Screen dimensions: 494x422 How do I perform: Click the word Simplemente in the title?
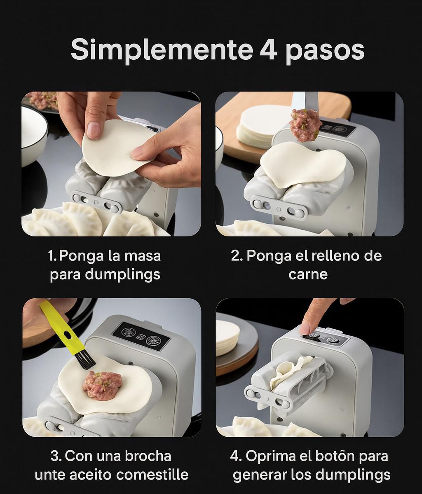tap(161, 50)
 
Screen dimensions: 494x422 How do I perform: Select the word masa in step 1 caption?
tap(143, 255)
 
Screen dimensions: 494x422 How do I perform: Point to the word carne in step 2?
tap(308, 274)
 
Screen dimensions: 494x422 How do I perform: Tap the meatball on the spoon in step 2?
tap(305, 124)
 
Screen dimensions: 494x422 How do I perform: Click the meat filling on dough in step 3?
tap(102, 385)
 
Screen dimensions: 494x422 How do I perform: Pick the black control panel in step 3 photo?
tap(141, 336)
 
